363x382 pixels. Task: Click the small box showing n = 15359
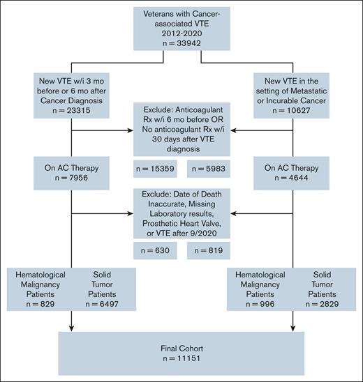click(156, 167)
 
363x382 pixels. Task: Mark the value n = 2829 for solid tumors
click(320, 304)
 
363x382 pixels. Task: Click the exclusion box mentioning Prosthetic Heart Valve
click(181, 213)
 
